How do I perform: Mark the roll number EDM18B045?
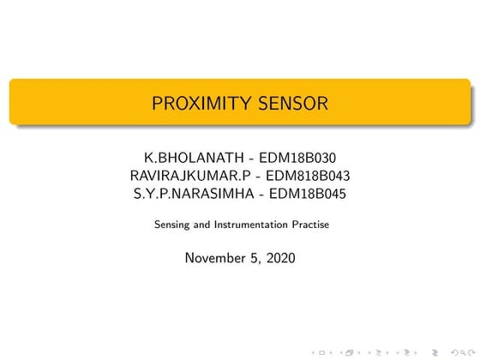tap(307, 194)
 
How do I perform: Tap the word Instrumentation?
tap(249, 225)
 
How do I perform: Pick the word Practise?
tap(310, 225)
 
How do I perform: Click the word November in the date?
tap(215, 257)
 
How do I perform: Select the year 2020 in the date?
tap(280, 257)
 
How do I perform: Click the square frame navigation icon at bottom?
tap(321, 352)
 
